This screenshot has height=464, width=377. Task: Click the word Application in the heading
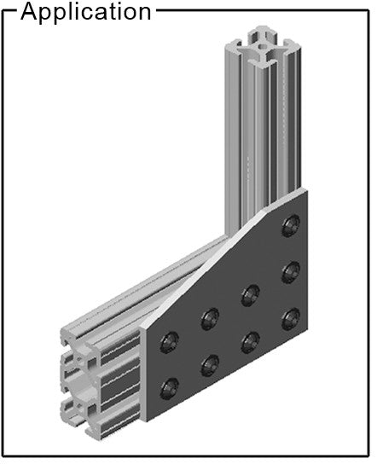pyautogui.click(x=86, y=13)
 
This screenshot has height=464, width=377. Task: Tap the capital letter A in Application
pyautogui.click(x=30, y=11)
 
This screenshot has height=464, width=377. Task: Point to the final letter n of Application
pyautogui.click(x=145, y=14)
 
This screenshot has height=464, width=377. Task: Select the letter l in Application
pyautogui.click(x=74, y=11)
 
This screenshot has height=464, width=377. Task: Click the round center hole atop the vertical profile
pyautogui.click(x=263, y=46)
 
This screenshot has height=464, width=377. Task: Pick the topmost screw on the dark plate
pyautogui.click(x=291, y=226)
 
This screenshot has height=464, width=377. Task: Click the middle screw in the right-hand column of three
pyautogui.click(x=291, y=272)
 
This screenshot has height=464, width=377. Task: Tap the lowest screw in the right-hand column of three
pyautogui.click(x=291, y=319)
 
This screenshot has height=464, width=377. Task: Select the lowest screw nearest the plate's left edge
pyautogui.click(x=170, y=388)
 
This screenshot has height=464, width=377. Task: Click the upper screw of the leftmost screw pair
pyautogui.click(x=170, y=342)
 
